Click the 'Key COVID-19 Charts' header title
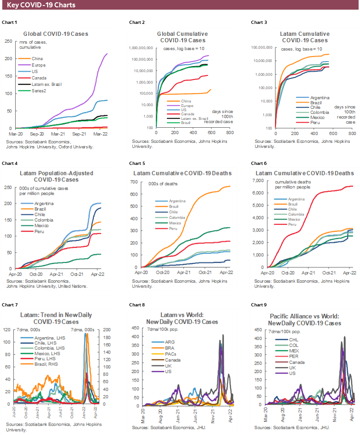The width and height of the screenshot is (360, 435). pyautogui.click(x=42, y=6)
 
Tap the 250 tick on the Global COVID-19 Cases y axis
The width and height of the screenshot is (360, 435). pyautogui.click(x=8, y=41)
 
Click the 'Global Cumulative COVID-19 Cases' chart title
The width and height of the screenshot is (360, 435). pyautogui.click(x=182, y=37)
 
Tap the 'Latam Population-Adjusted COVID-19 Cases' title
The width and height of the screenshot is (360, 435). pyautogui.click(x=57, y=176)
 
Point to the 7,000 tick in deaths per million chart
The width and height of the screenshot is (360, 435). pyautogui.click(x=260, y=183)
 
